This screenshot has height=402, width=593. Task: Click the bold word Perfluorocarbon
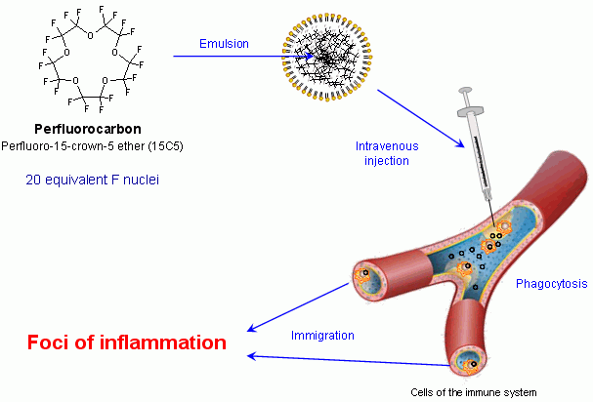pos(88,129)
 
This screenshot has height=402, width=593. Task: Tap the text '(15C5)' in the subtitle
pos(166,146)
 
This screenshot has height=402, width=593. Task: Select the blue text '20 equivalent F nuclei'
pos(92,180)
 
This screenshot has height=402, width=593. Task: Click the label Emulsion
pos(224,44)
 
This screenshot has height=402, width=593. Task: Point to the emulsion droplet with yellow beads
pos(327,58)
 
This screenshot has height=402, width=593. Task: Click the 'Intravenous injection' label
pos(387,153)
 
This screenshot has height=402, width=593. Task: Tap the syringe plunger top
pos(465,91)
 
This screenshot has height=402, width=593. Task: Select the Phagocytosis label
pos(552,284)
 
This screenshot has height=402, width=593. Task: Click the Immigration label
pos(322,336)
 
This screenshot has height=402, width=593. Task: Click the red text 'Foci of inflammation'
pos(127,342)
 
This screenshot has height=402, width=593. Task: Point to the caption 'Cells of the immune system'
pos(474,392)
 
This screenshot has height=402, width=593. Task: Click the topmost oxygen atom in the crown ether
pos(90,36)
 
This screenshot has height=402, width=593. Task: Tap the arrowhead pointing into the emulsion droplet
pos(310,57)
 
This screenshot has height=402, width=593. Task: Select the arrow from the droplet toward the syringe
pos(421,118)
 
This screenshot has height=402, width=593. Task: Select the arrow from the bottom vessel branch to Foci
pos(349,360)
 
